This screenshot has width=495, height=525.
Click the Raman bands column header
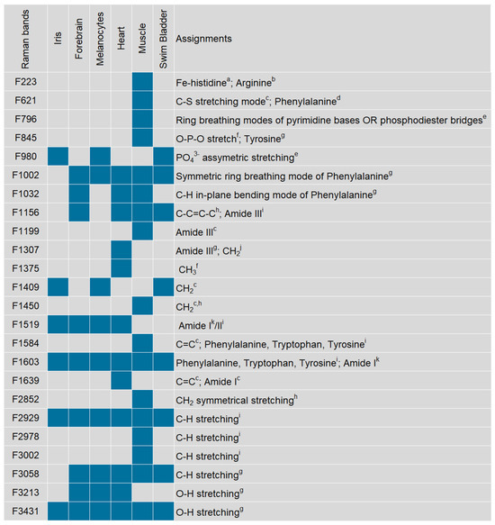(x=25, y=41)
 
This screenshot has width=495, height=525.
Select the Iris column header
(x=57, y=41)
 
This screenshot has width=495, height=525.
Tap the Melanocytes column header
(x=100, y=41)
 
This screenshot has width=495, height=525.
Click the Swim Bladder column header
(x=163, y=39)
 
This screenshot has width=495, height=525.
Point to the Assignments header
(x=203, y=40)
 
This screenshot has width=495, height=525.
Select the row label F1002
(x=24, y=175)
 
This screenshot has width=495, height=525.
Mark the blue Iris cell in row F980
(x=57, y=156)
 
